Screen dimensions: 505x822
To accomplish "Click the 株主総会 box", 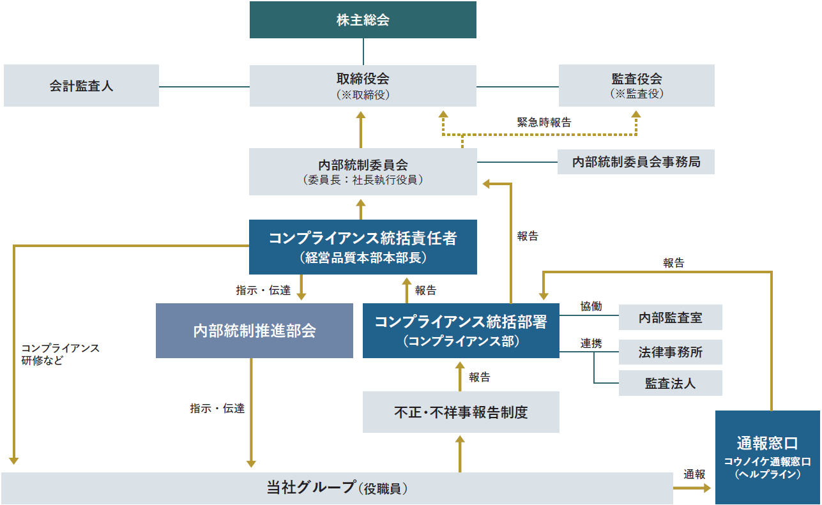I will [x=363, y=20].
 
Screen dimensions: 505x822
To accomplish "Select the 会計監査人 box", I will [x=81, y=86].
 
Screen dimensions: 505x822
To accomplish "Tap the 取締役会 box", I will [x=363, y=86].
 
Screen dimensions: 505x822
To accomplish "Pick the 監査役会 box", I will [x=636, y=86].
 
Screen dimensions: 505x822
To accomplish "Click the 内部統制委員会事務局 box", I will [x=636, y=162].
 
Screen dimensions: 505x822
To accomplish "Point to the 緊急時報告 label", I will [x=544, y=123].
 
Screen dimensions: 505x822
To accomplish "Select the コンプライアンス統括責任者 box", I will [x=363, y=246].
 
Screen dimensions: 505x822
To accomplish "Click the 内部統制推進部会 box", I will [x=254, y=330].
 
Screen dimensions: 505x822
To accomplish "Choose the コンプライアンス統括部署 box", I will [x=460, y=330].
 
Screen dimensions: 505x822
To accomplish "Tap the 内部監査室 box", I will [x=670, y=317].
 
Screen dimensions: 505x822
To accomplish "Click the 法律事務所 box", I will [x=670, y=352].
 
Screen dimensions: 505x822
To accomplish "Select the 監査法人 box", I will [x=670, y=383].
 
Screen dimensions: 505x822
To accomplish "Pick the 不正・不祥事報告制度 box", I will [x=460, y=412].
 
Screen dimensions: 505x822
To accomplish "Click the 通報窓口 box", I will [x=767, y=457].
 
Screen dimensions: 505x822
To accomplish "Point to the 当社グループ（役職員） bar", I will [x=337, y=488].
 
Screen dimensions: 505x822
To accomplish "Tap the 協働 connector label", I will [x=591, y=306].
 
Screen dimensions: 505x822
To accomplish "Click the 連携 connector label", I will [x=591, y=343].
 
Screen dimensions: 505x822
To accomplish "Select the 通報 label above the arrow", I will [x=694, y=474].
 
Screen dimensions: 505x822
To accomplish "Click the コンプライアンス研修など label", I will [x=60, y=354].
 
